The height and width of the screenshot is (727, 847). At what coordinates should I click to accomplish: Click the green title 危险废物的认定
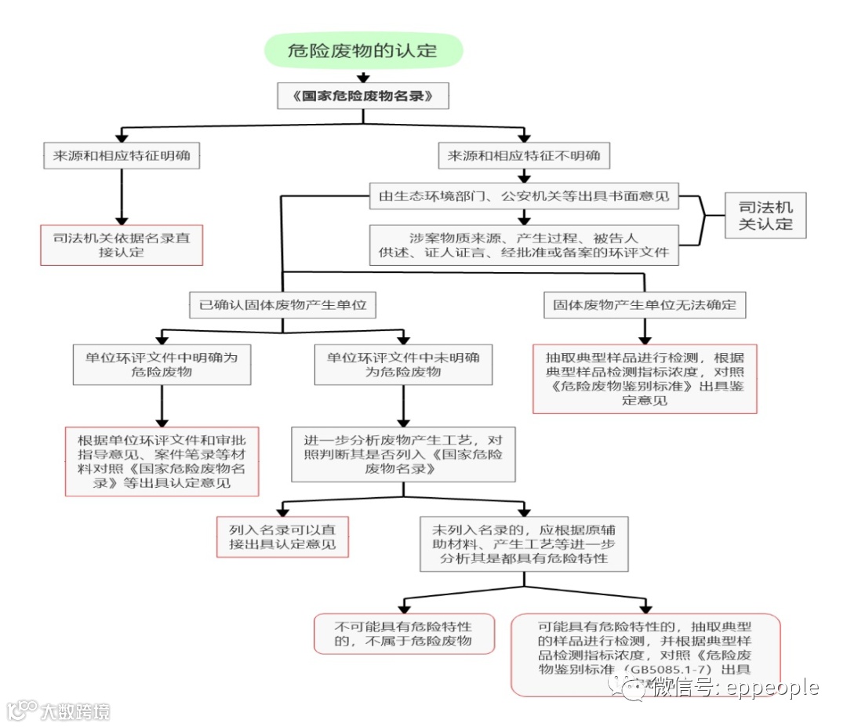[362, 52]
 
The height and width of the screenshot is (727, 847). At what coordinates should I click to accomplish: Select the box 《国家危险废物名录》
[362, 96]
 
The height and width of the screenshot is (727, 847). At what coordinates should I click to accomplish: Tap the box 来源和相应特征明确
[122, 155]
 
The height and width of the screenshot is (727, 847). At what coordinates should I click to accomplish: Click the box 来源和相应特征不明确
[524, 155]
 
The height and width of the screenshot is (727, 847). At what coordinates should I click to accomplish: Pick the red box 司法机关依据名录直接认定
[122, 245]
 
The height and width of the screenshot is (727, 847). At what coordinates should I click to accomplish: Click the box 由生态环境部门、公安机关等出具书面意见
[524, 196]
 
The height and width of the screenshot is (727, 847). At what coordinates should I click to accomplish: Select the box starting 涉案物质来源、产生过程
[524, 245]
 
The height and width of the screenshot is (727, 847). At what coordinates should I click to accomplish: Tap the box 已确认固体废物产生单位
[282, 305]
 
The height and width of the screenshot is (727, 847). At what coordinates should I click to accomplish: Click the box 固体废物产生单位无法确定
[644, 305]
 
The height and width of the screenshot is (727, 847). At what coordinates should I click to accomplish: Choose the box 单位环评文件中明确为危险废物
[162, 364]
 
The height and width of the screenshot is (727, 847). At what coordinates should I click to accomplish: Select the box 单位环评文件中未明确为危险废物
[403, 364]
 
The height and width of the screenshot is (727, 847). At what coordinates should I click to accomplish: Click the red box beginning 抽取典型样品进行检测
[645, 379]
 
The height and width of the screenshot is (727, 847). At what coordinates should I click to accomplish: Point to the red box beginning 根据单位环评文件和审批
[162, 461]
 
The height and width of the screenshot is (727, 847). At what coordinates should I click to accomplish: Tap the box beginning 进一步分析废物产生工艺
[403, 453]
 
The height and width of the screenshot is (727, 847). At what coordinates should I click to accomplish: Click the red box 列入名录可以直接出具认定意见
[282, 536]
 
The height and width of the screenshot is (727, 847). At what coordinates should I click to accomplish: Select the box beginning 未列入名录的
[524, 543]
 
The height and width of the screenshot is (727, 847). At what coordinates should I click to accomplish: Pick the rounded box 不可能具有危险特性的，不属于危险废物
[404, 634]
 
